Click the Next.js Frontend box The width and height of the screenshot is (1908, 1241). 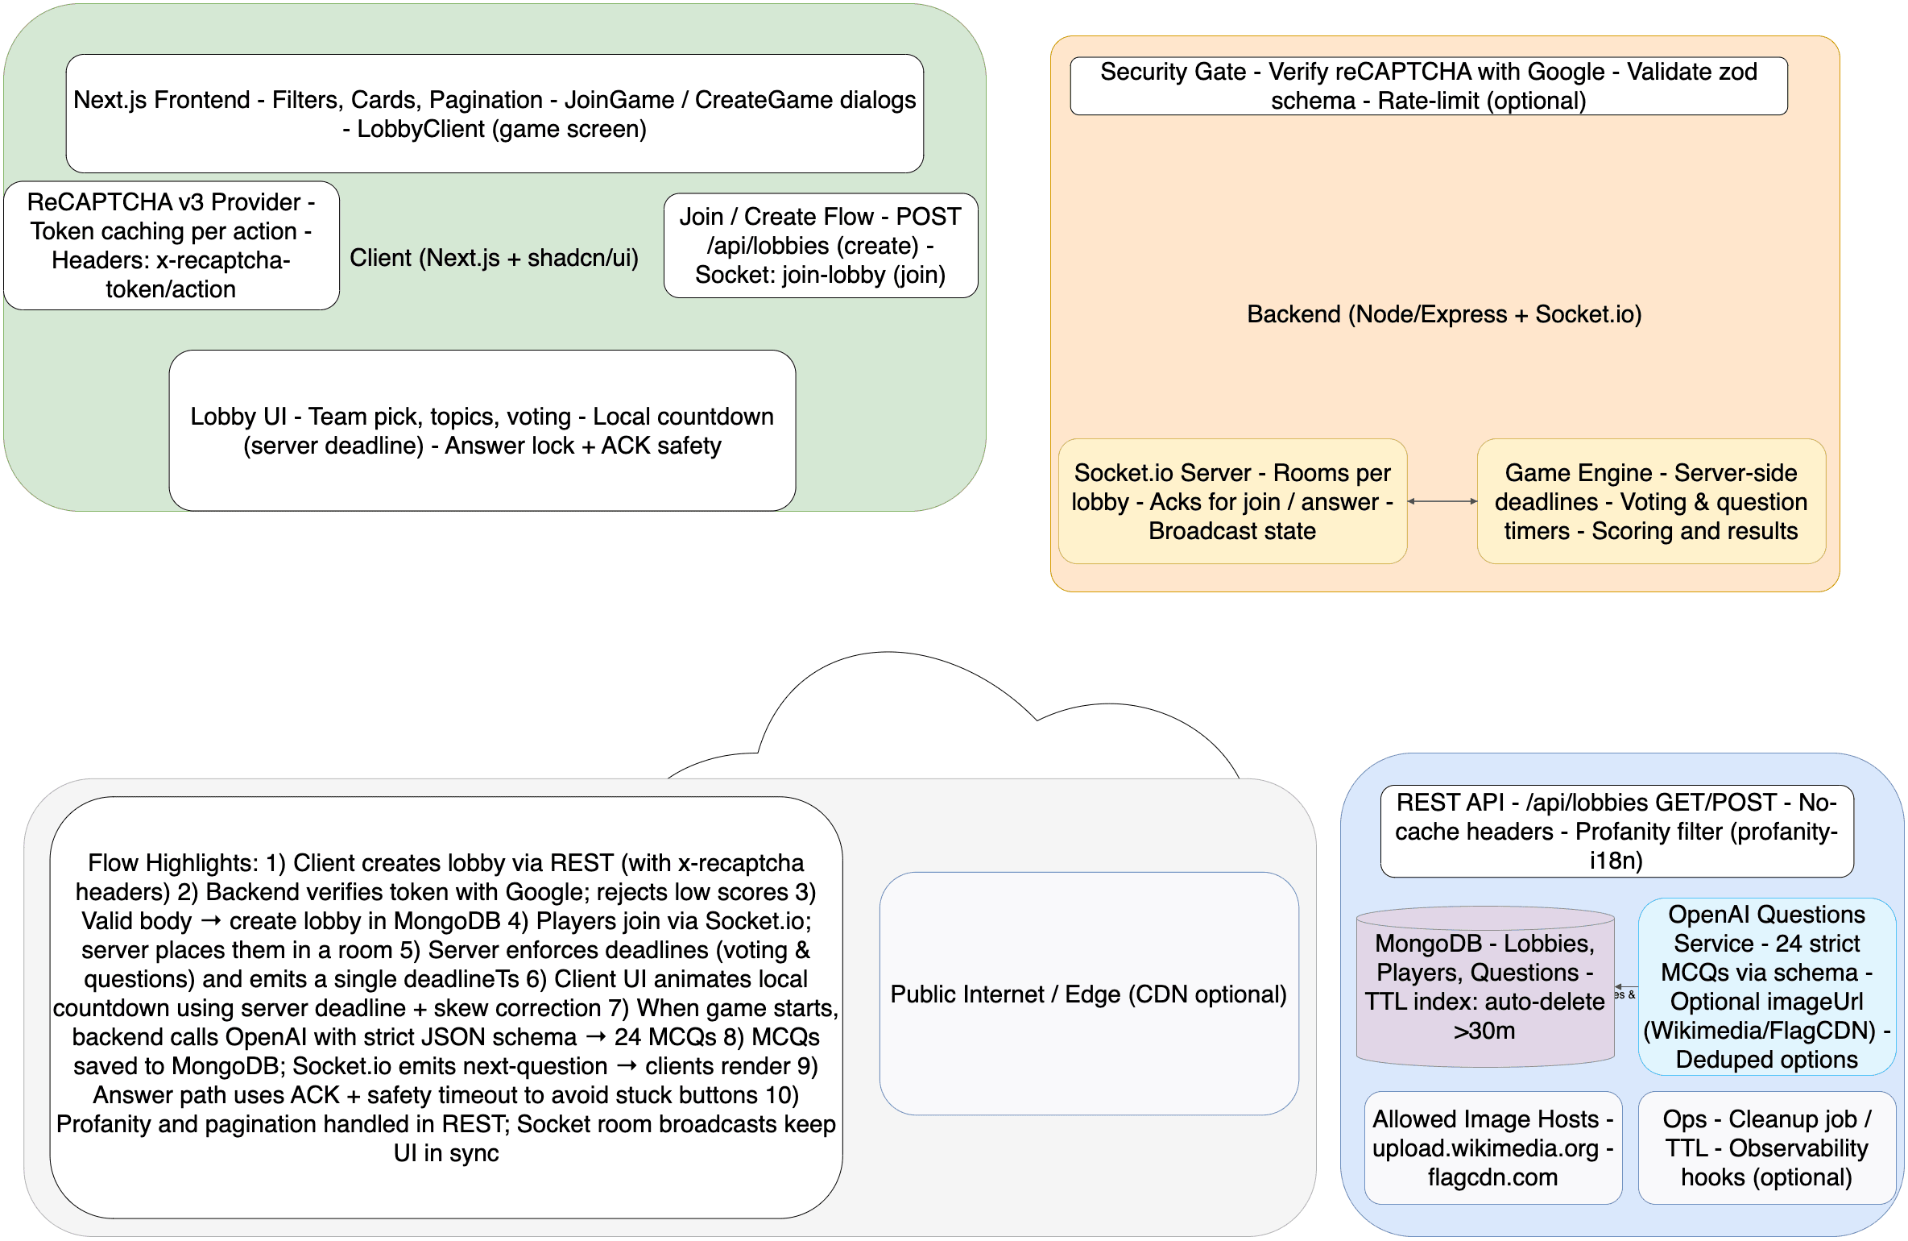point(495,114)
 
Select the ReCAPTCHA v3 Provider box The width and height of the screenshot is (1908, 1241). point(171,246)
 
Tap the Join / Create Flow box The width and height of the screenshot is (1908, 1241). point(820,246)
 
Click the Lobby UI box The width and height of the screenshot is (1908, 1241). point(482,430)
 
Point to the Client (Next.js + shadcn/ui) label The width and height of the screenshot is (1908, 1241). point(494,258)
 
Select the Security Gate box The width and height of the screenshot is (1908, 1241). point(1428,86)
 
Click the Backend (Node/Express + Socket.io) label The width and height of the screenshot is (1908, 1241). point(1443,314)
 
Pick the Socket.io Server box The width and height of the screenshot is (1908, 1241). point(1231,501)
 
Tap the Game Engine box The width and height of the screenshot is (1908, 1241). point(1650,501)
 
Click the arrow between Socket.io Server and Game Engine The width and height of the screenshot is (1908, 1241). point(1442,501)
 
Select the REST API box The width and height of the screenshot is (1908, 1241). point(1616,832)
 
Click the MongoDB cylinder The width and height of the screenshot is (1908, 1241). point(1484,987)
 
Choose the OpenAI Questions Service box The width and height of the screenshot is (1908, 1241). point(1765,987)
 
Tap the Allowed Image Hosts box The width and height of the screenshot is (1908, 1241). point(1492,1148)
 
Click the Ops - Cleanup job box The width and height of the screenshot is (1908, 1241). point(1765,1148)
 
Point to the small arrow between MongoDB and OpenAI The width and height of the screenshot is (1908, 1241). point(1626,987)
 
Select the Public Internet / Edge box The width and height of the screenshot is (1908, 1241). point(1088,994)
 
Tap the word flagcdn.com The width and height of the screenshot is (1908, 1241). point(1492,1177)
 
